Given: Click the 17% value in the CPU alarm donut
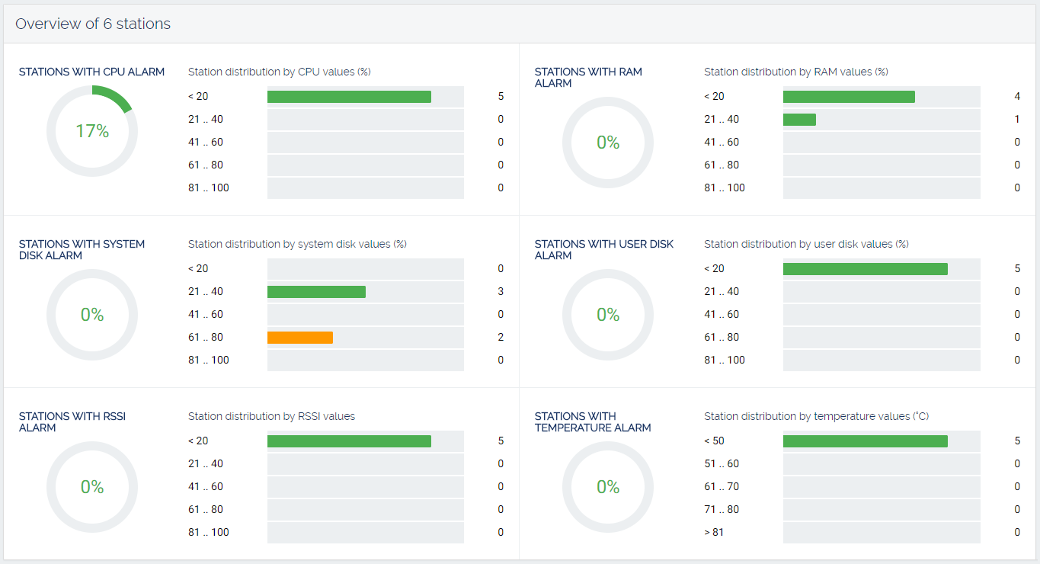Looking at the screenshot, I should tap(92, 131).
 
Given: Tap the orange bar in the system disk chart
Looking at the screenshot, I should tap(300, 337).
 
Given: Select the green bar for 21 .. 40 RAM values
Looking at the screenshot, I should tap(799, 120).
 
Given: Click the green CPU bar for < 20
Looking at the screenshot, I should tap(349, 97).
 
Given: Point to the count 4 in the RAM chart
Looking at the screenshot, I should tap(1017, 97).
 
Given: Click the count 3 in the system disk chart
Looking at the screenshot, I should tap(501, 291).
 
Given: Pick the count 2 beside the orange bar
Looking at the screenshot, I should tap(501, 337).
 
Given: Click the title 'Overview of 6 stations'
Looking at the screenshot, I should tap(93, 24).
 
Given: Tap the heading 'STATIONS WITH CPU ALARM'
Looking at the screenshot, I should tap(91, 72).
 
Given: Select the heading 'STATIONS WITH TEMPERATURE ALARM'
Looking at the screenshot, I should tap(592, 422).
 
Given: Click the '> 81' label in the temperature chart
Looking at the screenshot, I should tap(714, 532).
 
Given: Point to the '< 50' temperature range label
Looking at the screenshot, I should tap(714, 441).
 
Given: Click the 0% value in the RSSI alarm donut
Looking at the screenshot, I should tap(92, 486).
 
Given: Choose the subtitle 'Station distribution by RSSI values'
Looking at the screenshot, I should tap(271, 416).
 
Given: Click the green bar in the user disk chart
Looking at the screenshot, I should tap(865, 269).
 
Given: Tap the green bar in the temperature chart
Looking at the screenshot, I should tap(865, 441).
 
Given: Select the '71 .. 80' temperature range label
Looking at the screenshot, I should tap(722, 509).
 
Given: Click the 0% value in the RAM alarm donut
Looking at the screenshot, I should tap(608, 143).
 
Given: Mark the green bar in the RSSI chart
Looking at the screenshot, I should tap(349, 441).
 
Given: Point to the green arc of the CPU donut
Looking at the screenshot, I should tap(115, 97).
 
